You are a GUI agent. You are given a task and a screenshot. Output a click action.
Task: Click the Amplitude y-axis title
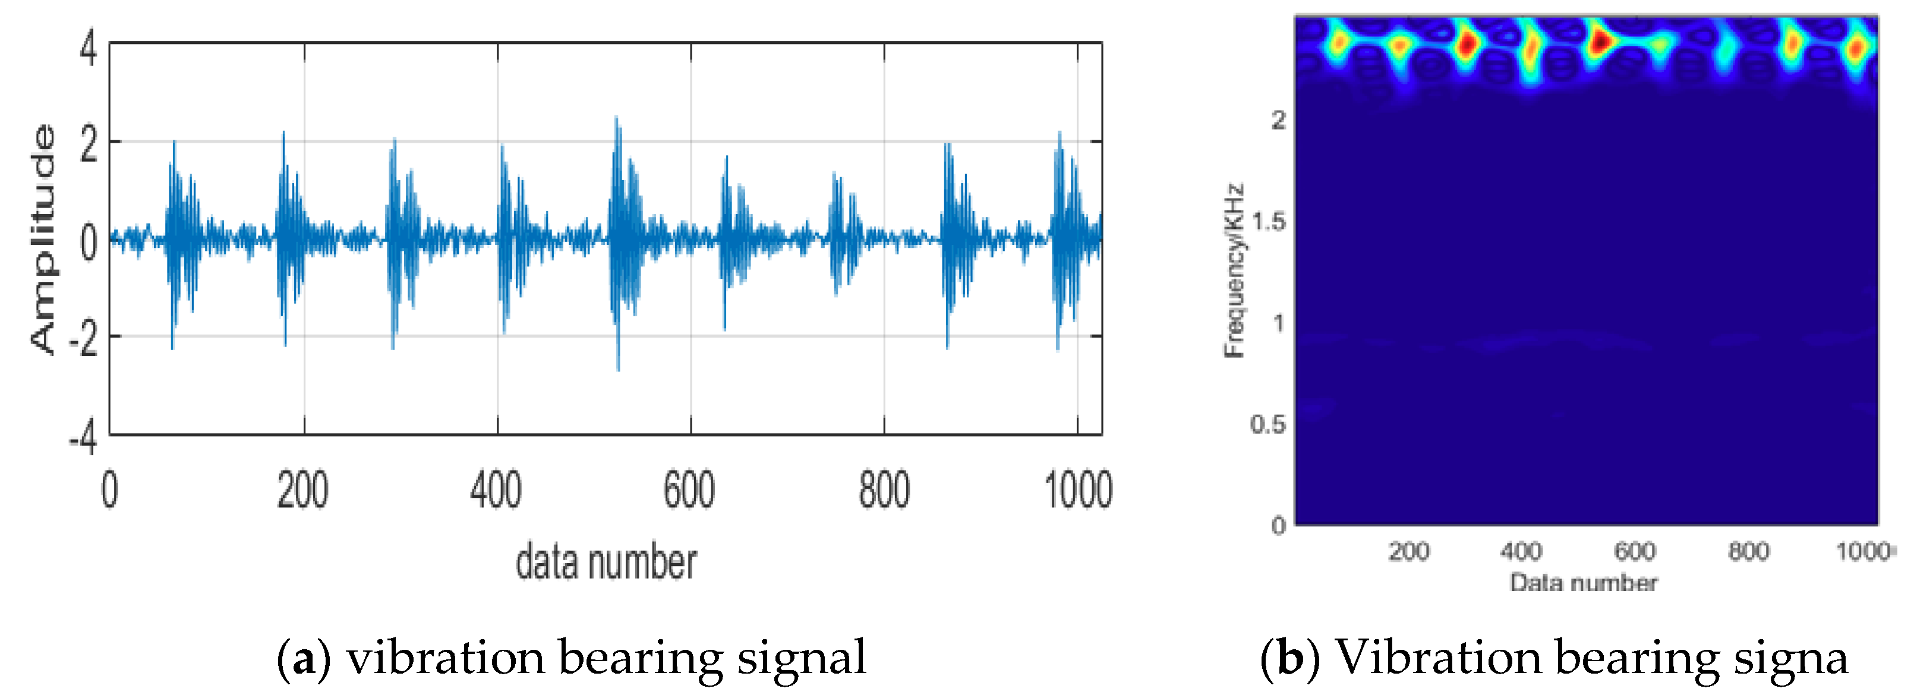[43, 240]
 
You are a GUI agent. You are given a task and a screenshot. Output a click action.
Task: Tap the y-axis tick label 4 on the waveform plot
[89, 51]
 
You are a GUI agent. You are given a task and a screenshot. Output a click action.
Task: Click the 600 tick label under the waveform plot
[689, 491]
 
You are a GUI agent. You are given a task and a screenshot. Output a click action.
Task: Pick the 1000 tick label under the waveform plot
[1077, 491]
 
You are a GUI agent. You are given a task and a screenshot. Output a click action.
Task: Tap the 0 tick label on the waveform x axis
[109, 491]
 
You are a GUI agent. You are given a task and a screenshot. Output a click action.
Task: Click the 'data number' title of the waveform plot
[606, 562]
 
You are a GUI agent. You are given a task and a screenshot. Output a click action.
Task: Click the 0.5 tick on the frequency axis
[1268, 425]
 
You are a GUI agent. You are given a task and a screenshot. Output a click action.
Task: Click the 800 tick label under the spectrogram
[1748, 552]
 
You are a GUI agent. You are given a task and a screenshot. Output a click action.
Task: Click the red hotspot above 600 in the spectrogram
[1600, 41]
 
